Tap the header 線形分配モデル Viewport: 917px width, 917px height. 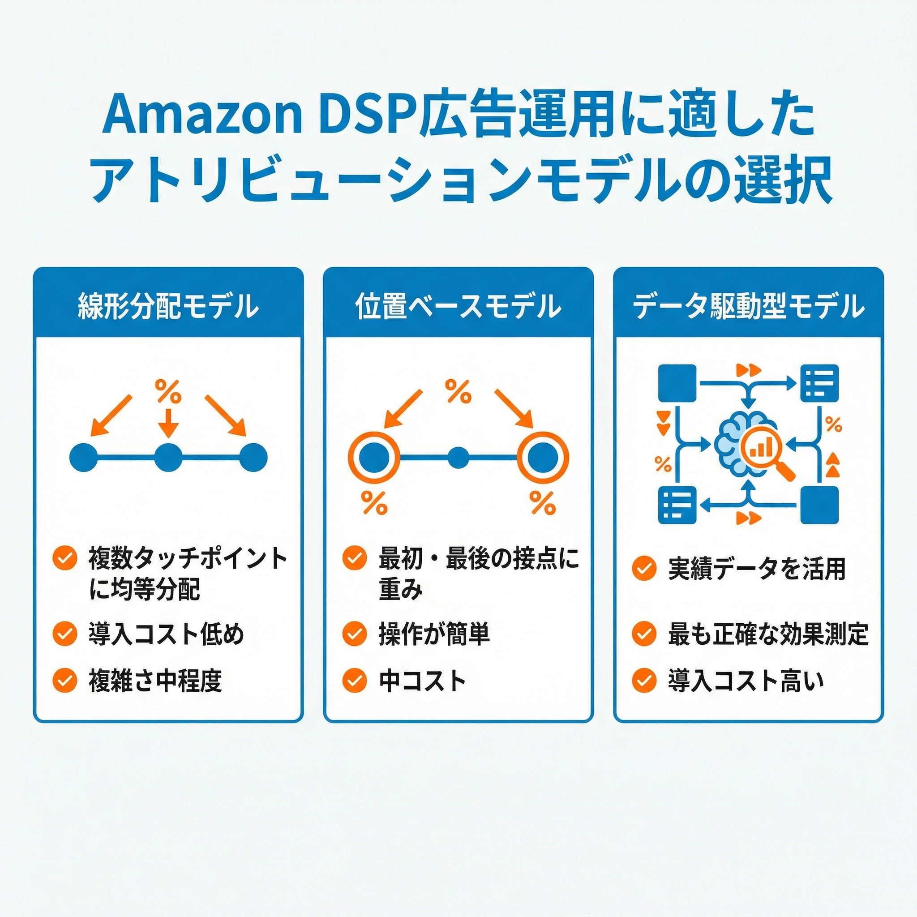168,306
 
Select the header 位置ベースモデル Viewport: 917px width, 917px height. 458,306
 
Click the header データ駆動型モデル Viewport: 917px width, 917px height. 749,306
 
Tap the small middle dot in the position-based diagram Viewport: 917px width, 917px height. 458,458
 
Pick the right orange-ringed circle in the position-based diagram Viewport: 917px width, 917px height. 543,458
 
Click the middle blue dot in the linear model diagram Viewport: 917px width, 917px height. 168,458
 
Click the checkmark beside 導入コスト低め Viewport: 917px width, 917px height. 64,634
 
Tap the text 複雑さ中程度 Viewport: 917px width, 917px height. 155,681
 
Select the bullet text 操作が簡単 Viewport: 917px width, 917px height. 434,634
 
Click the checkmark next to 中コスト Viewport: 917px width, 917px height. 354,681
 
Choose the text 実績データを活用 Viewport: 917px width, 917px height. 757,568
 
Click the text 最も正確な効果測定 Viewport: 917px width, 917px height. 768,634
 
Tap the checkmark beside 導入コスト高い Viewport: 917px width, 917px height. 644,681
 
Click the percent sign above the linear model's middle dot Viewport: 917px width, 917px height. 168,390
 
